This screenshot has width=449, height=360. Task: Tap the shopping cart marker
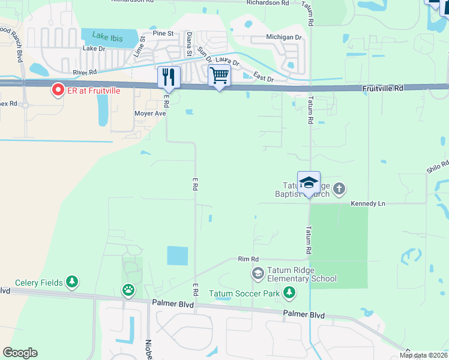(220, 76)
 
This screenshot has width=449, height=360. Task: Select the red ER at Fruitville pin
(58, 90)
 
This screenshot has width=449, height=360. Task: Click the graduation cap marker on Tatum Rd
(309, 182)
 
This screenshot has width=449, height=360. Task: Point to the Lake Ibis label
(109, 37)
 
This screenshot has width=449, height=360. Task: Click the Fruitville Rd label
(383, 88)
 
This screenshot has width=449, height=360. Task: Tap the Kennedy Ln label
(368, 204)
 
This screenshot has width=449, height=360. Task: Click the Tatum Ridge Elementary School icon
(258, 274)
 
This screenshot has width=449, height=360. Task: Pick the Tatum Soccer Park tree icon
(289, 293)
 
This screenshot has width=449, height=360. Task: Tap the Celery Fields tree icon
(72, 281)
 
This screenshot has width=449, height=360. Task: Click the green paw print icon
(128, 290)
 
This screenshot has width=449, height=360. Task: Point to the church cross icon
(339, 189)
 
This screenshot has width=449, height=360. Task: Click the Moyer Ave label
(150, 113)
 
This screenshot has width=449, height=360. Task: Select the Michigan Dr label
(284, 37)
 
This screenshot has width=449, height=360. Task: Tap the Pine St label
(163, 34)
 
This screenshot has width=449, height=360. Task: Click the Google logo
(20, 353)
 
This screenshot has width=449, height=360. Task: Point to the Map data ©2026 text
(423, 355)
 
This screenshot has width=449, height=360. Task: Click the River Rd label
(85, 72)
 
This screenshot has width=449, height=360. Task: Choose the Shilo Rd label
(438, 166)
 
